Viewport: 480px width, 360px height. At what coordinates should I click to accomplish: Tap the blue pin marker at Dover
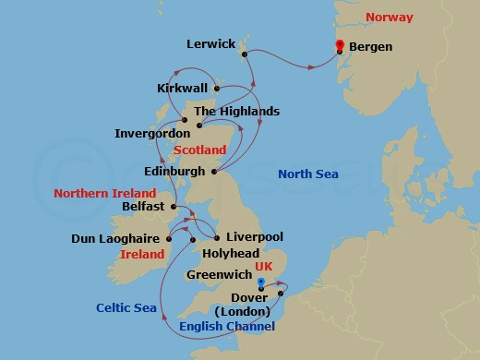coord(261,283)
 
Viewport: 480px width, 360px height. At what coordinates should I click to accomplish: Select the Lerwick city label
coord(210,43)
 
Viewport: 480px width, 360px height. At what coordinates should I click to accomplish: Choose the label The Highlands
coord(236,112)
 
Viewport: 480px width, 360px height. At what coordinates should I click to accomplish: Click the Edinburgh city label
coord(175,172)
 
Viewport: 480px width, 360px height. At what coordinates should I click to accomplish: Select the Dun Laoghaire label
coord(112,239)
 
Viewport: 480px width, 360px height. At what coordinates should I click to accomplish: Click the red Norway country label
coord(390,18)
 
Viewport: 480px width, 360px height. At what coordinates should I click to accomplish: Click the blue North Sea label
coord(308,174)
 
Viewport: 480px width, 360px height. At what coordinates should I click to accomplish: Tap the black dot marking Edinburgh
coord(214,171)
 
